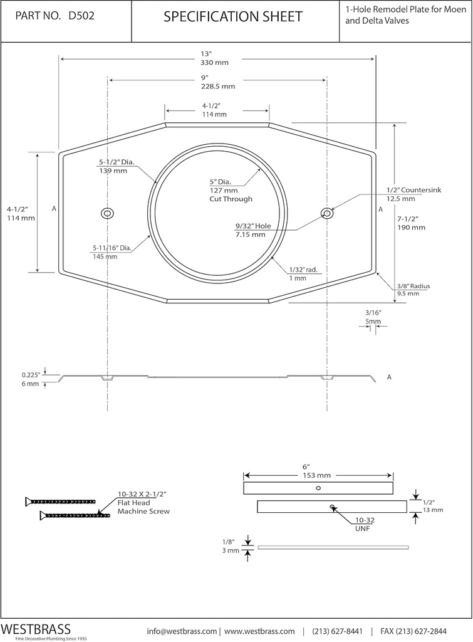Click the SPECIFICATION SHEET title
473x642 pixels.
pyautogui.click(x=232, y=17)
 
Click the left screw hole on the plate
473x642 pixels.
pyautogui.click(x=107, y=214)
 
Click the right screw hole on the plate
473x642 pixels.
pyautogui.click(x=326, y=214)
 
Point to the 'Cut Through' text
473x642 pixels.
pyautogui.click(x=231, y=199)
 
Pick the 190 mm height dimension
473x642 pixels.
pyautogui.click(x=411, y=228)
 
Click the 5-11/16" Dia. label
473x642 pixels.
pyautogui.click(x=111, y=248)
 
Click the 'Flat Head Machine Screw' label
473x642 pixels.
pyautogui.click(x=143, y=507)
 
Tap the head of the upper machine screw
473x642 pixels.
pyautogui.click(x=28, y=501)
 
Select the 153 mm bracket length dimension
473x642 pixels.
pyautogui.click(x=318, y=475)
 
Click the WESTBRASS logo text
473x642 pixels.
pyautogui.click(x=36, y=629)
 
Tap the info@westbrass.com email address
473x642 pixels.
pyautogui.click(x=182, y=630)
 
